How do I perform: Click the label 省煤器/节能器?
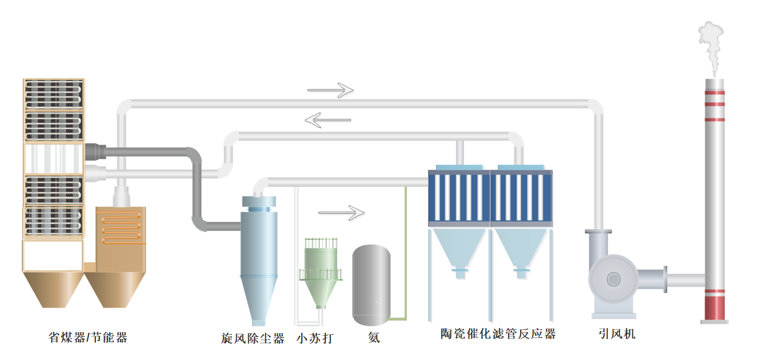(88, 337)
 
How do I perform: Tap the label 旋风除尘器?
(252, 339)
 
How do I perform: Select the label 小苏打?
(314, 339)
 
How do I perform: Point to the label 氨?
(374, 339)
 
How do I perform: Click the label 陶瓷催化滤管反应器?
(498, 334)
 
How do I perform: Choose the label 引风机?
(617, 333)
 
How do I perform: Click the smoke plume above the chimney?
(711, 47)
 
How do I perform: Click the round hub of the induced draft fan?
(613, 279)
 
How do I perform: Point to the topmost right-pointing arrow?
(331, 90)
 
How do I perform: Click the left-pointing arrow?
(327, 121)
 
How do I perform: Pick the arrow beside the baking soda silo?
(342, 213)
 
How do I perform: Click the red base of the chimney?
(715, 308)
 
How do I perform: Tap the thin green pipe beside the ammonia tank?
(406, 252)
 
